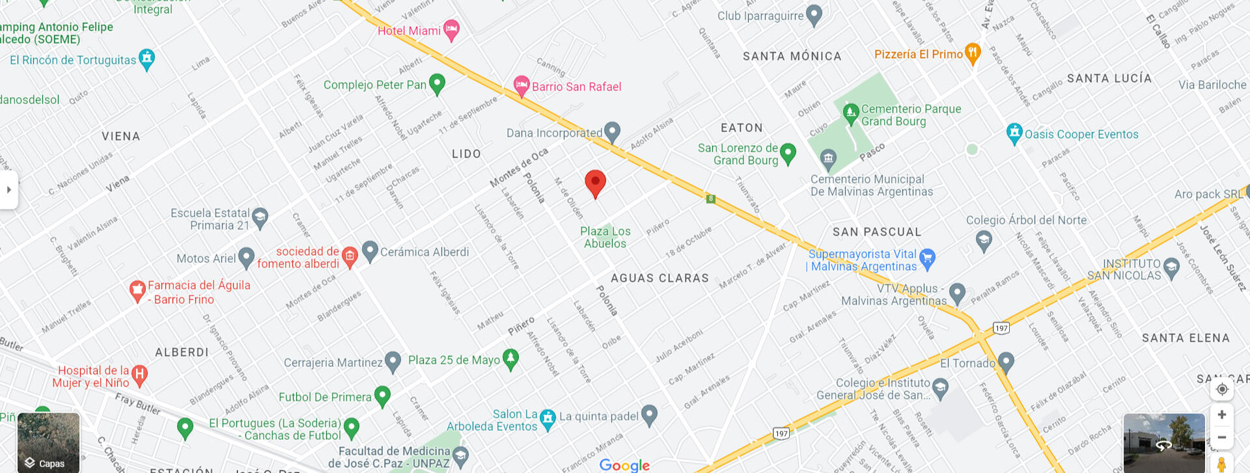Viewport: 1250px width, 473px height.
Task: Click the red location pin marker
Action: click(595, 183)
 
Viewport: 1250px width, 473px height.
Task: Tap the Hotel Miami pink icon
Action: click(451, 29)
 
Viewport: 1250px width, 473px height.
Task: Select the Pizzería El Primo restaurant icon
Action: click(972, 53)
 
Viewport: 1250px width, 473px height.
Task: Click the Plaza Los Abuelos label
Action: click(605, 237)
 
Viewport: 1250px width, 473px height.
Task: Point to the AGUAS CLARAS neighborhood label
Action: click(660, 278)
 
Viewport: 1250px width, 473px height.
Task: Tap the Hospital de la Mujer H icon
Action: click(139, 374)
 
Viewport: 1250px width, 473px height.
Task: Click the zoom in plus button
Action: click(1222, 414)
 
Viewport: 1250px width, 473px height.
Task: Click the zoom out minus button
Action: click(1222, 437)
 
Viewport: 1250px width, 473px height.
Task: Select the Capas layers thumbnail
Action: click(49, 442)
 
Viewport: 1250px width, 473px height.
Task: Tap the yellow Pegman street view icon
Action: click(1222, 464)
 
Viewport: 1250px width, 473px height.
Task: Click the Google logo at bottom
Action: click(624, 465)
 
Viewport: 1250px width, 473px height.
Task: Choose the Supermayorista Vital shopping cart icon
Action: click(927, 258)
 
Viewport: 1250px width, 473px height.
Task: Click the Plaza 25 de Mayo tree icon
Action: click(511, 358)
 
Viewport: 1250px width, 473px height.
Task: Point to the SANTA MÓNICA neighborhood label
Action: click(792, 57)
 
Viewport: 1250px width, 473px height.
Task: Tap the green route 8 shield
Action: click(711, 199)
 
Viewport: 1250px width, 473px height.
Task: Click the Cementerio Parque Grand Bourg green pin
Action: click(850, 113)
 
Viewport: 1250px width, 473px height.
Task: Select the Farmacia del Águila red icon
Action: click(137, 291)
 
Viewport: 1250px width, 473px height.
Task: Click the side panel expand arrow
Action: click(8, 190)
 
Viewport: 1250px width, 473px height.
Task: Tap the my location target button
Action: click(1222, 389)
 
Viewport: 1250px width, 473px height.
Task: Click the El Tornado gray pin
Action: click(1006, 361)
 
